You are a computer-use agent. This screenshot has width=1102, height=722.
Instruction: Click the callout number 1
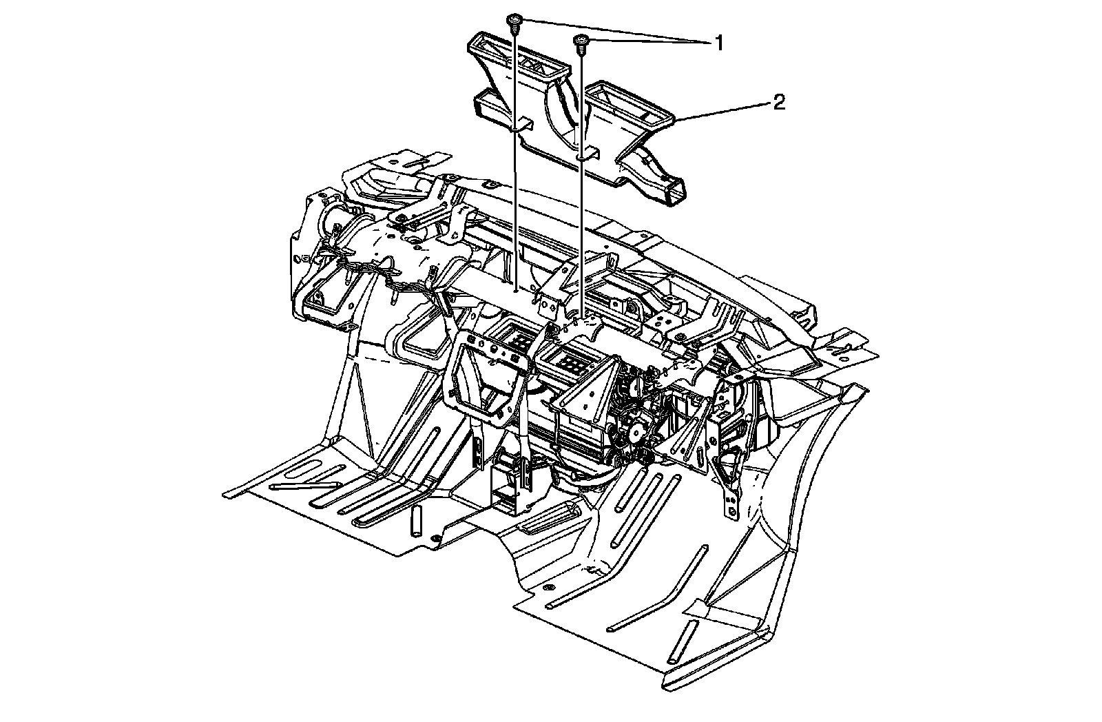pos(719,43)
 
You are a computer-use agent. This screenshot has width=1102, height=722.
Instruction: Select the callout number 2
pos(779,103)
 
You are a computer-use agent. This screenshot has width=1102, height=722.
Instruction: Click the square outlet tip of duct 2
pos(672,192)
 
